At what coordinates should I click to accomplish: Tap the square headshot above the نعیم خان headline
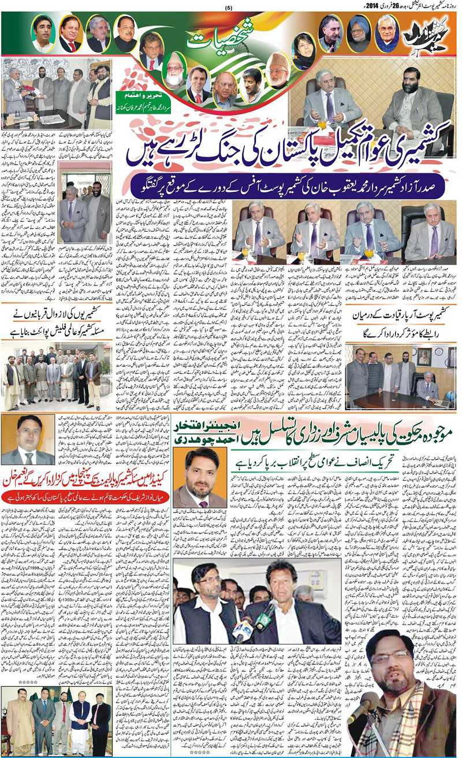[27, 440]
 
